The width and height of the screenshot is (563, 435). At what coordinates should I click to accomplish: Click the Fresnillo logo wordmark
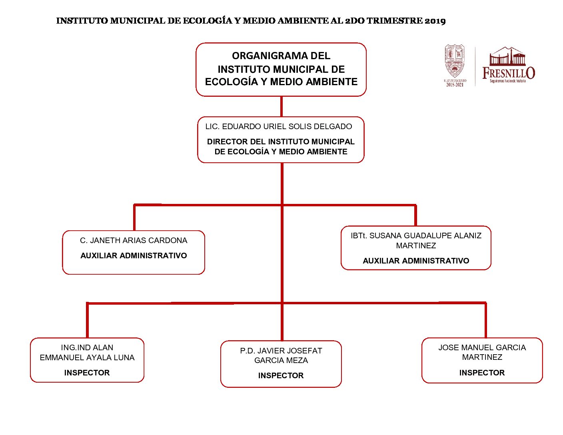pyautogui.click(x=508, y=73)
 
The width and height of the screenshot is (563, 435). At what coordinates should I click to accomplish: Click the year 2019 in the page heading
pyautogui.click(x=435, y=21)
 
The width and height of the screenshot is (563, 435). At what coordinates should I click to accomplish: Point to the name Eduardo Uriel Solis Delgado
pyautogui.click(x=279, y=127)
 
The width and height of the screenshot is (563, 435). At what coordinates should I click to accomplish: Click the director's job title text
pyautogui.click(x=281, y=147)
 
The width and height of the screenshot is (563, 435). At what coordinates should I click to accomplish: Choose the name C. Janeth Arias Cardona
pyautogui.click(x=134, y=241)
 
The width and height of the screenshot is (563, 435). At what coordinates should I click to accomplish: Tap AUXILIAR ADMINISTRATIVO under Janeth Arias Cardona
pyautogui.click(x=134, y=256)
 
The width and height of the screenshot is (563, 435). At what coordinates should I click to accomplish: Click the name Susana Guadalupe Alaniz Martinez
pyautogui.click(x=416, y=241)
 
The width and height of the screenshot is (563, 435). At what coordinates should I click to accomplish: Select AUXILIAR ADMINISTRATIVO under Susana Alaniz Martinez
pyautogui.click(x=416, y=261)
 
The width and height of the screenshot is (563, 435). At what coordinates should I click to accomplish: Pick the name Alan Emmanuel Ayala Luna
pyautogui.click(x=87, y=353)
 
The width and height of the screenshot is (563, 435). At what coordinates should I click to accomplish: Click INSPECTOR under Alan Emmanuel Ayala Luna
pyautogui.click(x=87, y=373)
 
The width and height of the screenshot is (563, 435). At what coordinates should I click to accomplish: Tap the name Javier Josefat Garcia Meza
pyautogui.click(x=281, y=356)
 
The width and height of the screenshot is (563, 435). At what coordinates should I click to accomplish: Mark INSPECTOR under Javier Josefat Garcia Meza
pyautogui.click(x=281, y=376)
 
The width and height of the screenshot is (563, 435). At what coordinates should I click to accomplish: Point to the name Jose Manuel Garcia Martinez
pyautogui.click(x=482, y=353)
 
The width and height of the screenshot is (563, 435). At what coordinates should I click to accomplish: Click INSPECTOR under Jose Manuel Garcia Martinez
pyautogui.click(x=482, y=373)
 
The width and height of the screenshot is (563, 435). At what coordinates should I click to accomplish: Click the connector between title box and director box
pyautogui.click(x=281, y=107)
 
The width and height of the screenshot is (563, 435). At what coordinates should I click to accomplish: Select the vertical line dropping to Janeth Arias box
pyautogui.click(x=134, y=218)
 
